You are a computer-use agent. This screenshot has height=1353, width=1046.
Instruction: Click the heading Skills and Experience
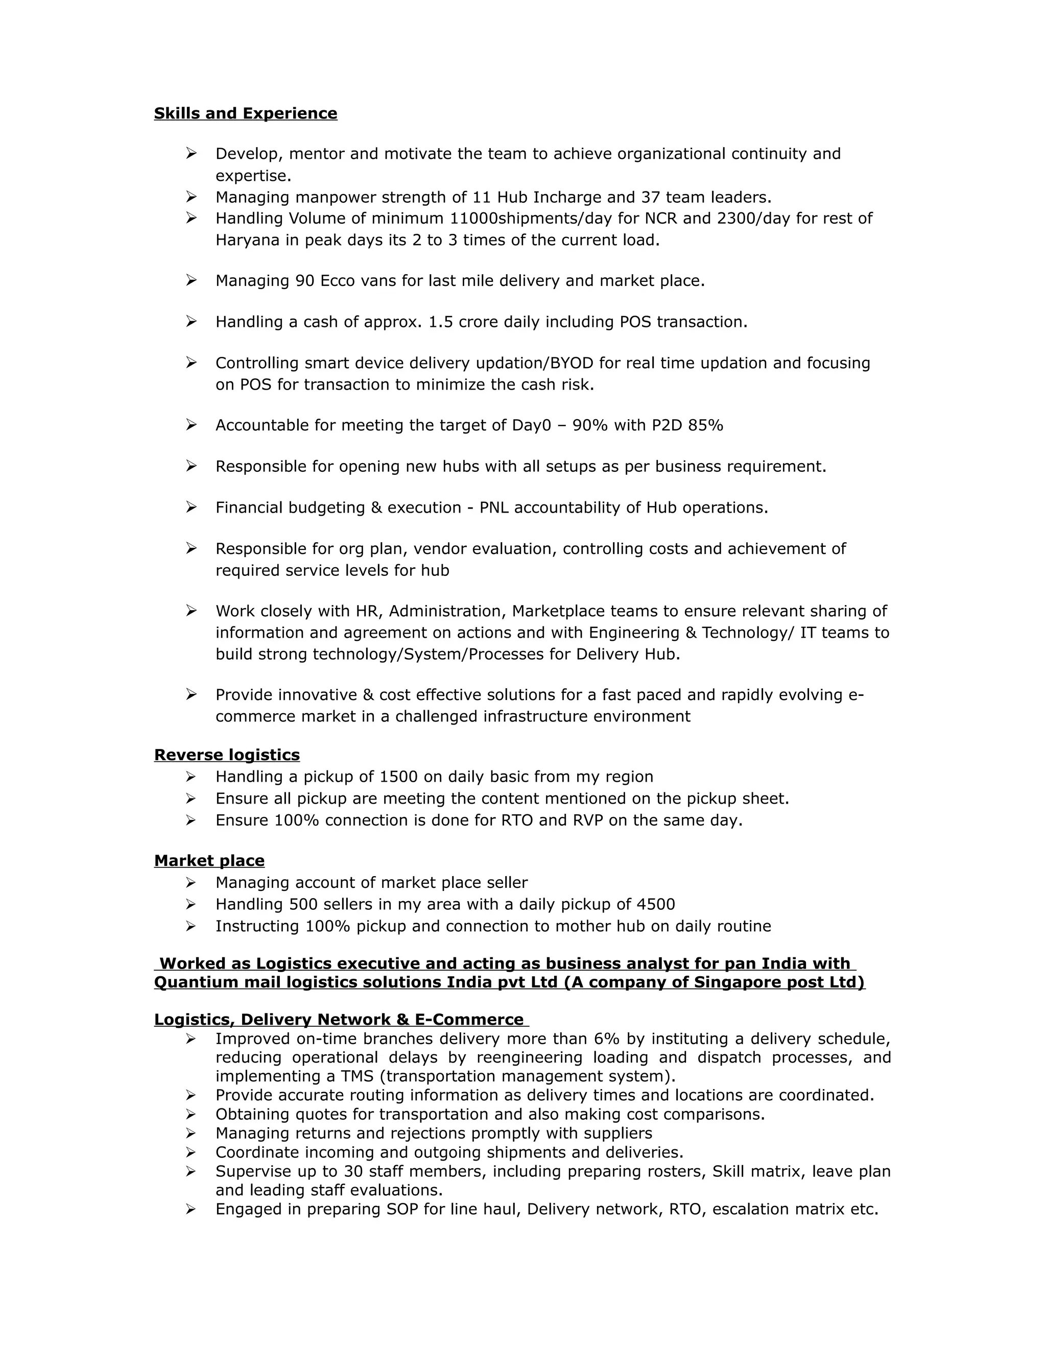point(245,113)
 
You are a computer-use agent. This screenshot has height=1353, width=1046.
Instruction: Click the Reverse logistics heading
point(227,755)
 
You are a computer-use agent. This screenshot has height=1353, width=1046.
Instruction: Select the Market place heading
point(209,860)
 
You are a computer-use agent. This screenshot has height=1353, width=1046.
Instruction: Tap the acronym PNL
point(494,508)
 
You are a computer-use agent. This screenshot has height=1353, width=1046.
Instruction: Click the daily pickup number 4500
point(656,905)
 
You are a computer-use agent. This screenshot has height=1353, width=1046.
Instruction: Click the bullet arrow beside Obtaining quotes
point(191,1114)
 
